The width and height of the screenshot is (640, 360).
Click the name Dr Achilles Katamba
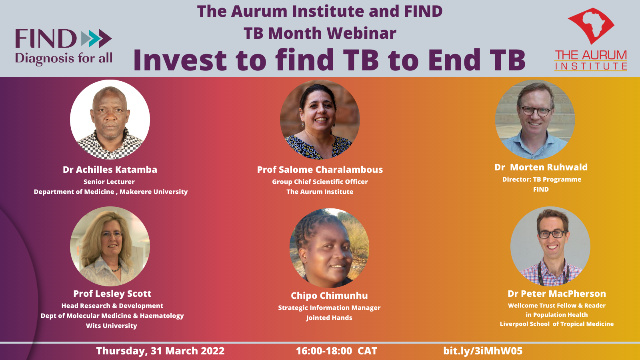(x=110, y=170)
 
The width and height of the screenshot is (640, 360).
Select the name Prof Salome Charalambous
(x=320, y=170)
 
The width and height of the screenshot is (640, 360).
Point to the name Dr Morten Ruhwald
(x=541, y=167)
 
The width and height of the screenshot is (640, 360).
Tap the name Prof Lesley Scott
(x=112, y=294)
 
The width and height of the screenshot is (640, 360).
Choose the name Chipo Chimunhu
(x=329, y=296)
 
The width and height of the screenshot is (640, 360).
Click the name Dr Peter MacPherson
(x=556, y=294)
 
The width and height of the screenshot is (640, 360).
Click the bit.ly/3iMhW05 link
(x=483, y=351)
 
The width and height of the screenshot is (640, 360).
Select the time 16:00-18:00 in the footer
(x=324, y=351)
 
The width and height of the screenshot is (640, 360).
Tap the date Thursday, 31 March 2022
(x=160, y=351)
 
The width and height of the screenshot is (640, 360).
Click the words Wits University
(x=112, y=326)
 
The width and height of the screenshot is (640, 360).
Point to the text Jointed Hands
(x=329, y=318)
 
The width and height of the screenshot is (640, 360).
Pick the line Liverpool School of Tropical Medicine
(x=556, y=324)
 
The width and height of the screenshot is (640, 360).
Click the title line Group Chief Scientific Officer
(x=320, y=182)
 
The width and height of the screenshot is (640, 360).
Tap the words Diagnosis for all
(x=64, y=58)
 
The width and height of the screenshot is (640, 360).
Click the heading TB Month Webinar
(x=320, y=33)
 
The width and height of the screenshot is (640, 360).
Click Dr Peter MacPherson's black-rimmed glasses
(x=552, y=234)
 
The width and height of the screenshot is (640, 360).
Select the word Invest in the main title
(x=180, y=60)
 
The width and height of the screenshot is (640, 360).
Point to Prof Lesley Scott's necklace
(x=116, y=269)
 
